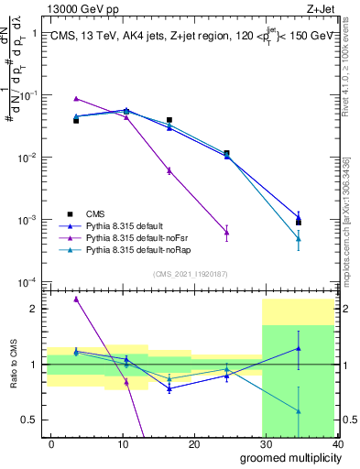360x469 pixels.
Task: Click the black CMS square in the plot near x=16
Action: pyautogui.click(x=169, y=120)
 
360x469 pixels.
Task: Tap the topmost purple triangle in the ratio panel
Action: pyautogui.click(x=76, y=299)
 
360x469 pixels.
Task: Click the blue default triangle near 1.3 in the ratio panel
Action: pyautogui.click(x=298, y=348)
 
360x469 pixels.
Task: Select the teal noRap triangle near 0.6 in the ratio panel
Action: pyautogui.click(x=298, y=411)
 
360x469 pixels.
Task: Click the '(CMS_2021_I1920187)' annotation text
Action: pyautogui.click(x=191, y=273)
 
